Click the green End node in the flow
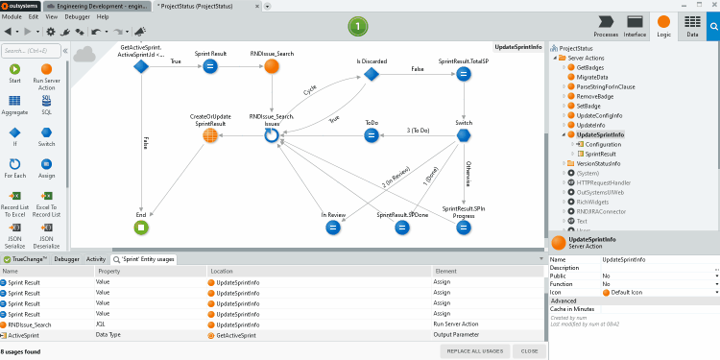[x=141, y=228]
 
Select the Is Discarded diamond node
[x=372, y=74]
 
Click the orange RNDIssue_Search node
[x=272, y=66]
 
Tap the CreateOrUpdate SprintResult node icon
[x=209, y=135]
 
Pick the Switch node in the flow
[x=464, y=135]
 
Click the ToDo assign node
[x=372, y=135]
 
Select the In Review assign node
[x=333, y=228]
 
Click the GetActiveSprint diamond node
[x=141, y=66]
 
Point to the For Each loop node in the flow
[x=272, y=136]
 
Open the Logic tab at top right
[x=663, y=26]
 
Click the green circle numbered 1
[x=358, y=26]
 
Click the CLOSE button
[x=530, y=351]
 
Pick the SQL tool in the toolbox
[x=46, y=104]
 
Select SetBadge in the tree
[x=588, y=106]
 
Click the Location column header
[x=223, y=272]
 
